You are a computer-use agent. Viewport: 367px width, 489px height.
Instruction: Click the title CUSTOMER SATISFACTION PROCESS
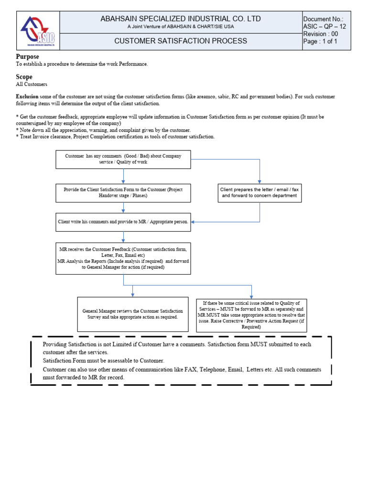181,41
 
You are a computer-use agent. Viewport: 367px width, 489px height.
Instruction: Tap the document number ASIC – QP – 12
324,26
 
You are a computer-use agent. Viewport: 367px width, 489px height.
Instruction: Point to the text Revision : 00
321,34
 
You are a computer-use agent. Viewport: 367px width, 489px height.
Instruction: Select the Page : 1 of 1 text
320,42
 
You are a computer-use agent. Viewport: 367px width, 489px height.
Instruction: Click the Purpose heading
28,57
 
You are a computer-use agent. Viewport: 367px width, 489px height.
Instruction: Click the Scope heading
24,77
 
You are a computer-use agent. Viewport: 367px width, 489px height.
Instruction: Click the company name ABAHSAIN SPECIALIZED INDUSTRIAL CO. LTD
181,19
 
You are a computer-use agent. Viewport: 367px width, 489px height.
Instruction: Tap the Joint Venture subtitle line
181,27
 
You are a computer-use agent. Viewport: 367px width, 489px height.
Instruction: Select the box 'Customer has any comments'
123,159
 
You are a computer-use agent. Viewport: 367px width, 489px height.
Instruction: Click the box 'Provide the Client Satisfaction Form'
123,193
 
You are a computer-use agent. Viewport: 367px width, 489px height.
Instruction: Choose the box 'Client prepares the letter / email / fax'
259,193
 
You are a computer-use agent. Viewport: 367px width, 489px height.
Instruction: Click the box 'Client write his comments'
123,222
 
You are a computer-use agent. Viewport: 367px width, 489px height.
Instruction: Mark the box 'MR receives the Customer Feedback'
123,258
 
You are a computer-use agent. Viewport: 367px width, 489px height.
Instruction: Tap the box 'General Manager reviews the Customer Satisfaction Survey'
132,314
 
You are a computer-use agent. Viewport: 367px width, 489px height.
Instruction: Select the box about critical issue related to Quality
251,315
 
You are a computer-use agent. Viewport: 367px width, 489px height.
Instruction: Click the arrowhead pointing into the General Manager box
133,295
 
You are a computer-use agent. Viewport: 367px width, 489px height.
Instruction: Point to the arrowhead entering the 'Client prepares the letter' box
259,181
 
